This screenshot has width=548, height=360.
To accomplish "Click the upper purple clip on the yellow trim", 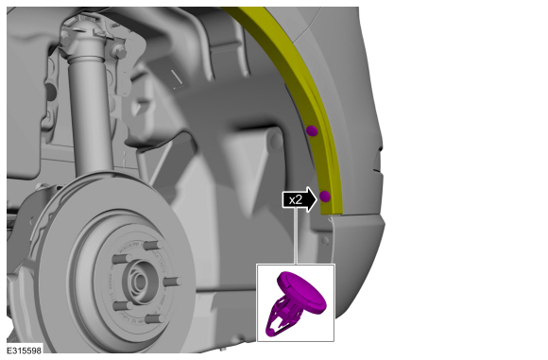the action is (312, 131).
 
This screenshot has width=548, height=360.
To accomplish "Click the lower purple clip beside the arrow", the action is (325, 197).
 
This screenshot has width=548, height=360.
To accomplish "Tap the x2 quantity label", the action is (296, 200).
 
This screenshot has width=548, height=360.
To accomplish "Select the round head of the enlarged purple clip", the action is (302, 292).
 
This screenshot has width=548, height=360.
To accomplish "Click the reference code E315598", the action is (25, 351).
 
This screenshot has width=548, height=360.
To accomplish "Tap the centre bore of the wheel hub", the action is (140, 281).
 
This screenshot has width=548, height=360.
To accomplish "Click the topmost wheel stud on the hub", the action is (153, 245).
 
